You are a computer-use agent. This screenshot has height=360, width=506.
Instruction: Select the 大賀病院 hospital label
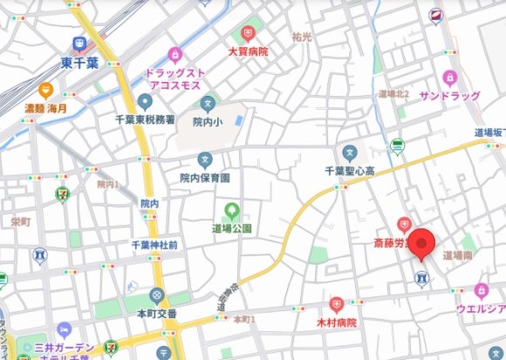coord(248,51)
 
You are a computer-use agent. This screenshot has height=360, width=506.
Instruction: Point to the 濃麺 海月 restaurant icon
coord(45,89)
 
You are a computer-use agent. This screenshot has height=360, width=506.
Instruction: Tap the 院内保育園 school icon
coord(204,160)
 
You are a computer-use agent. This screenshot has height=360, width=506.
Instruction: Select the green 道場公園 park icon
coord(231,210)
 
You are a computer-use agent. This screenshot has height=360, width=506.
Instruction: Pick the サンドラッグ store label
coord(448,94)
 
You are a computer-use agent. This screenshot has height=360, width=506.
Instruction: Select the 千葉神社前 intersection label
coord(154,245)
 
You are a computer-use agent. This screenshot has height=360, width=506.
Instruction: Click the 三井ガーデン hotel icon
coord(64,330)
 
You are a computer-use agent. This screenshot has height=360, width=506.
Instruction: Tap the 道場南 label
coord(457,255)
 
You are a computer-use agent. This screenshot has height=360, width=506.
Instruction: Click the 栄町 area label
coord(19,222)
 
